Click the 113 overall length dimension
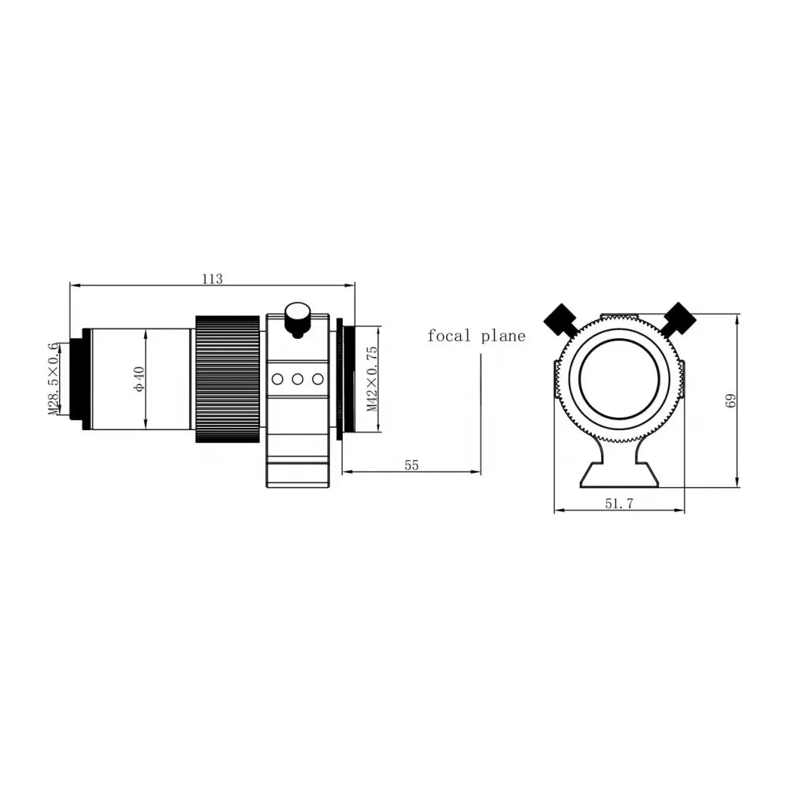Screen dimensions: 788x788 [x=212, y=279]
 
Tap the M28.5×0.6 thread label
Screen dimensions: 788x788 [x=54, y=377]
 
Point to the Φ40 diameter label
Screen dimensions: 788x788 [x=139, y=378]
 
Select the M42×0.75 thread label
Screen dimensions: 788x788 [x=373, y=378]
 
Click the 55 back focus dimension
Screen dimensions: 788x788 [x=411, y=465]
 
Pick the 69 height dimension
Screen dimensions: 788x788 [x=730, y=400]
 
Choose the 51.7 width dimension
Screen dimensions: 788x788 [x=619, y=504]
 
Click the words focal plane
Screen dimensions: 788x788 [x=476, y=336]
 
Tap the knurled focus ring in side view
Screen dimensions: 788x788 [x=227, y=378]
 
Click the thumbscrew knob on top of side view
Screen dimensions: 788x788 [x=297, y=318]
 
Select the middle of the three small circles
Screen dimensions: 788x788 [x=298, y=379]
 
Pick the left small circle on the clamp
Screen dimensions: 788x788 [x=277, y=379]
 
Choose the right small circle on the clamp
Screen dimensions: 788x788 [x=318, y=379]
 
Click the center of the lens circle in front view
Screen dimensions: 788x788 [x=619, y=379]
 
